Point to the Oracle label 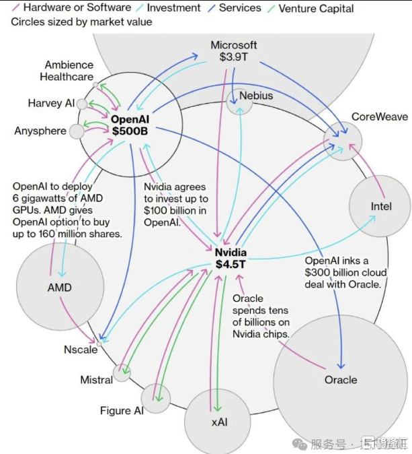pos(341,380)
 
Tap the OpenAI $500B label pos(129,125)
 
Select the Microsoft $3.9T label pos(234,51)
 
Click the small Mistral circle pos(122,372)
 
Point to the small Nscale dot pos(99,344)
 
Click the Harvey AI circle pos(82,104)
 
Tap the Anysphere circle pos(77,131)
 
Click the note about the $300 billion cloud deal pos(345,272)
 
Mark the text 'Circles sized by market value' pos(81,22)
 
